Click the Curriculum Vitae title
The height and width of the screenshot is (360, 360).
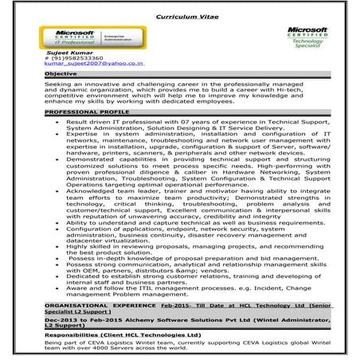pos(180,15)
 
